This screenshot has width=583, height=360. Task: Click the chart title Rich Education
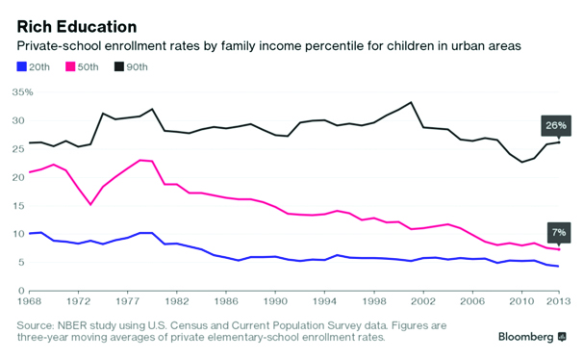(x=77, y=27)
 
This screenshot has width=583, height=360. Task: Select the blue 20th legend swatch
(x=22, y=67)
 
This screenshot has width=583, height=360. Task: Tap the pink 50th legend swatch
(x=70, y=67)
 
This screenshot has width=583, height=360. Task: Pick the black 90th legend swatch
(x=119, y=67)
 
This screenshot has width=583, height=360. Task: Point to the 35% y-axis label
(x=22, y=91)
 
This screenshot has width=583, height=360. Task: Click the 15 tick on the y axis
(x=19, y=206)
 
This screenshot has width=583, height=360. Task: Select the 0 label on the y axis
(x=21, y=291)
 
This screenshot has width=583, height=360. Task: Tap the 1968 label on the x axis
(x=30, y=301)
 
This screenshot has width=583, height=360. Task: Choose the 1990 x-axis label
(x=275, y=301)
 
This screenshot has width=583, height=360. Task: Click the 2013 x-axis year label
(x=558, y=301)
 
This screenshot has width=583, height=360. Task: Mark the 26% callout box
(x=556, y=125)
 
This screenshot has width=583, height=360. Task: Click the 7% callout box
(x=559, y=233)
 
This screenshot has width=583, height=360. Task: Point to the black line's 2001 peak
(x=411, y=102)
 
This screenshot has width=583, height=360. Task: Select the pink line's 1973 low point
(x=90, y=204)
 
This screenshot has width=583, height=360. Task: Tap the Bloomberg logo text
(x=525, y=337)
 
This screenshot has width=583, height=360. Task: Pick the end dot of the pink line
(x=559, y=249)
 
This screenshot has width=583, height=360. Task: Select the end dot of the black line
(x=559, y=142)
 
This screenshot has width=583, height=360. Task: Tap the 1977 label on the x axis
(x=128, y=301)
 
